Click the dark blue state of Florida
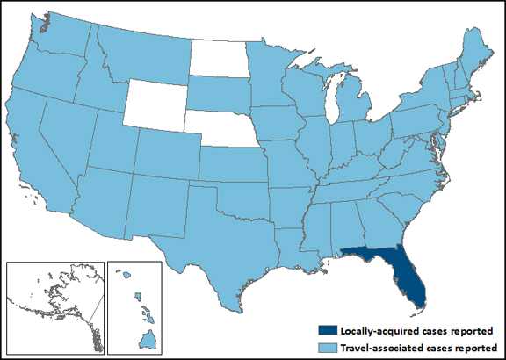coord(407,276)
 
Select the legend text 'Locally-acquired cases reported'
coord(405,330)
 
